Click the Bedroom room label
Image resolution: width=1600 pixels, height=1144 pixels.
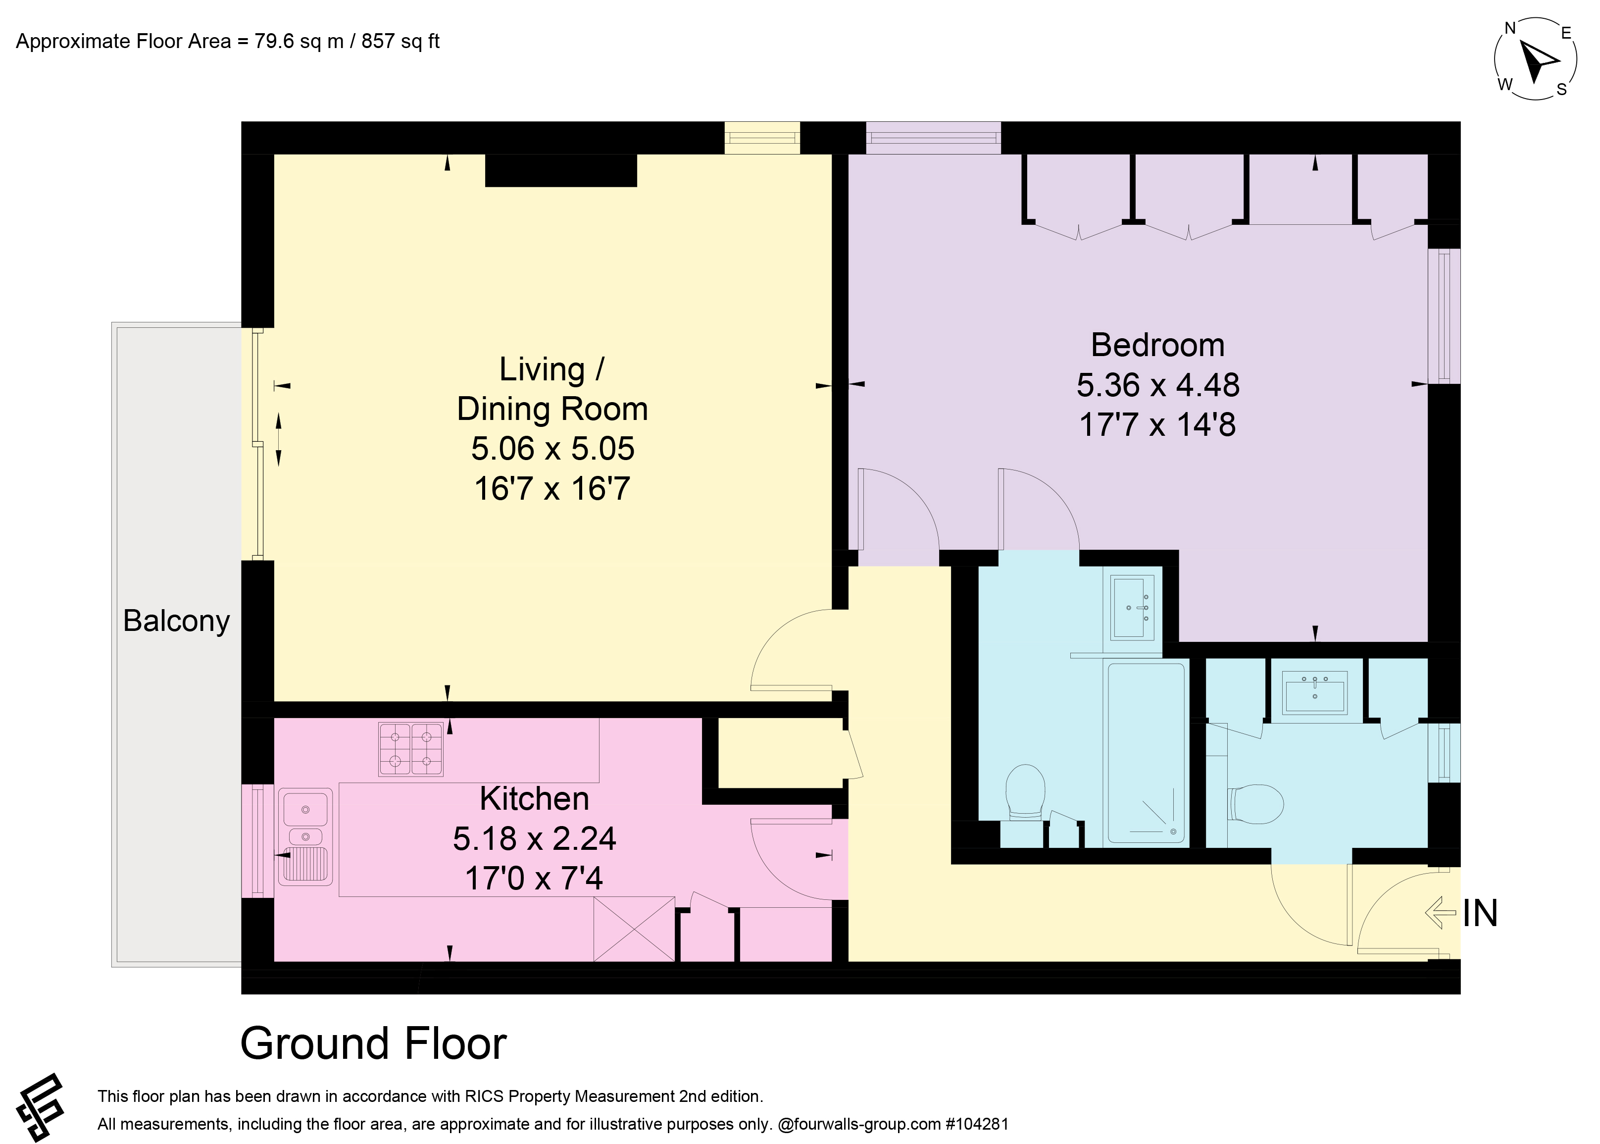(x=1158, y=345)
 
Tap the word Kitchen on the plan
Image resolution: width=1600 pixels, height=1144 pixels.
(x=535, y=799)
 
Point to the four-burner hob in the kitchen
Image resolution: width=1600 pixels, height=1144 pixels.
(x=410, y=749)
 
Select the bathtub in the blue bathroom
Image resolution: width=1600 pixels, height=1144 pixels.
(x=1146, y=753)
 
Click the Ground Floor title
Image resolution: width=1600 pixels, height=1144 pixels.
(x=373, y=1043)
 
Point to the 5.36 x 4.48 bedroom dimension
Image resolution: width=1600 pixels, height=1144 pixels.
(x=1158, y=385)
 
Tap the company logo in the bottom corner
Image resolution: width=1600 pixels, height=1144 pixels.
(x=41, y=1108)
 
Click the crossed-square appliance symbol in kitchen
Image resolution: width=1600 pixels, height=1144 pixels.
(x=634, y=929)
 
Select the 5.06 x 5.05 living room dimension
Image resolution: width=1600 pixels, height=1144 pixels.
(x=553, y=449)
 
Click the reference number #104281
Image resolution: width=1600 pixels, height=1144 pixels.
(x=977, y=1124)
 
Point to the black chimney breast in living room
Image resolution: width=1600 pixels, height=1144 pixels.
(x=561, y=170)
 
